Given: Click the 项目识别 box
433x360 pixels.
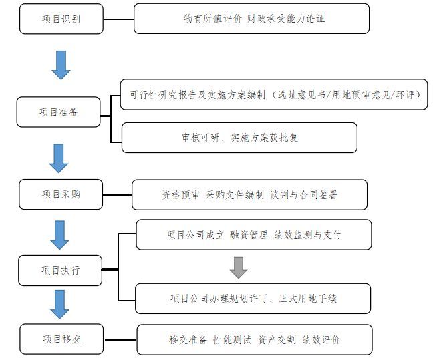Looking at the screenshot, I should (60, 19).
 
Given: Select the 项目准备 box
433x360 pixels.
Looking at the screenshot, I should (59, 112).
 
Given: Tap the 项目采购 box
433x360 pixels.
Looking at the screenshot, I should (61, 194).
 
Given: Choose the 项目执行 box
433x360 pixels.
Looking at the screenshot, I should (60, 270).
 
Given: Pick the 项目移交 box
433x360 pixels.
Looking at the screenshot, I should (61, 339).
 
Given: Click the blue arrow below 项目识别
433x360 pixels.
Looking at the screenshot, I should (61, 65).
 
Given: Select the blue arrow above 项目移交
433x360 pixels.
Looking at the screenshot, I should (60, 303).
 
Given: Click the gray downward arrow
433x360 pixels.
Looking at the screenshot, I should (238, 267).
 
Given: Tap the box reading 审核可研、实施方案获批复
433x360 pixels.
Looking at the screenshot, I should (239, 137).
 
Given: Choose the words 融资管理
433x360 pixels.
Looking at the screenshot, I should (248, 234).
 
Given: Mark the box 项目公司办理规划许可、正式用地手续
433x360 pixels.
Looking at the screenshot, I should (253, 298).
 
